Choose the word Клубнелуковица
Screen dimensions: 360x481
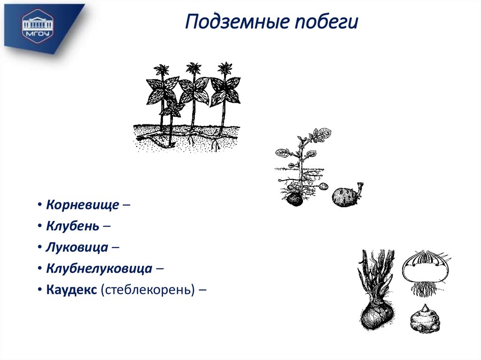click(x=99, y=268)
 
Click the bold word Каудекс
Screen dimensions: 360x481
click(x=71, y=290)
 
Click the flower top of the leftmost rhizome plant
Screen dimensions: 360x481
click(x=163, y=70)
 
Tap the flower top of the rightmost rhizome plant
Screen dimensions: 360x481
click(x=225, y=69)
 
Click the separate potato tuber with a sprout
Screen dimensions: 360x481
click(x=345, y=197)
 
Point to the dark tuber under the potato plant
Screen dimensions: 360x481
click(x=295, y=199)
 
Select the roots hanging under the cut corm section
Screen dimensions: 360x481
click(x=425, y=289)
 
